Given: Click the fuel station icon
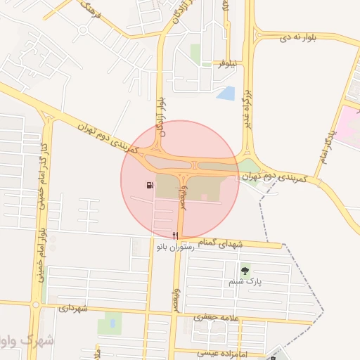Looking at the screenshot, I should tap(149, 186).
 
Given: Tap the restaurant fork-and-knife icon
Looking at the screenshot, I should tap(176, 235).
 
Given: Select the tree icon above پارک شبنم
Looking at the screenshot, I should tap(245, 270).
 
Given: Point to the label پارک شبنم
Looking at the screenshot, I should tap(245, 281).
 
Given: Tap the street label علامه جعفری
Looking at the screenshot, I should tap(211, 318).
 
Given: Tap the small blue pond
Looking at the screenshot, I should tap(226, 93).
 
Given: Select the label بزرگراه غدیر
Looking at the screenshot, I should tap(247, 112).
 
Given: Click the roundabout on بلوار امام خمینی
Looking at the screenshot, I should tap(36, 305).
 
